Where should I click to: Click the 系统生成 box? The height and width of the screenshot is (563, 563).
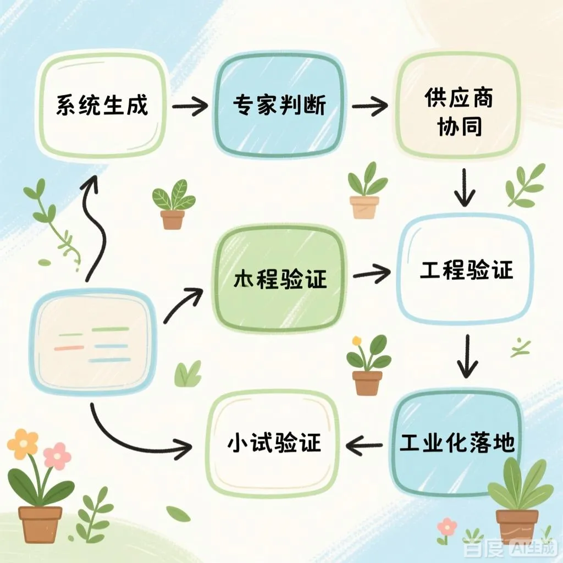point(103,104)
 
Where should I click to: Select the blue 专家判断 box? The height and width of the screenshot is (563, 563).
point(279,104)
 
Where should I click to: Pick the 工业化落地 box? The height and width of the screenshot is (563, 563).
point(457,443)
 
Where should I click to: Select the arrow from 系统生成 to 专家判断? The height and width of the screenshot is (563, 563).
point(190,105)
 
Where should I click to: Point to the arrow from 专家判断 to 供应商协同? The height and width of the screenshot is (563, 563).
point(369,106)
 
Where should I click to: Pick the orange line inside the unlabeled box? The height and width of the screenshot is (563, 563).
point(69,347)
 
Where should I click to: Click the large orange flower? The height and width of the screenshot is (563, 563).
point(23,444)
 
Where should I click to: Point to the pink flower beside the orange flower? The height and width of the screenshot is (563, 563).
point(57,456)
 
